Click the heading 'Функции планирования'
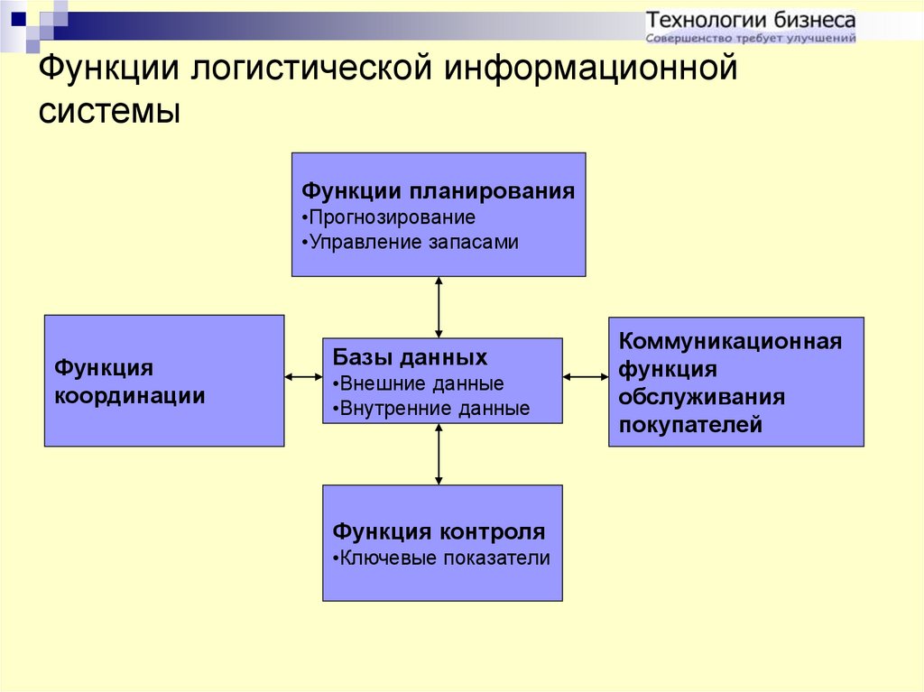coord(438,191)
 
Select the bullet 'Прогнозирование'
coord(388,217)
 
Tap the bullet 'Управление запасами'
coord(411,243)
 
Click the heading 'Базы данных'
coord(410,357)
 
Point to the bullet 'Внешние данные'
coord(419,383)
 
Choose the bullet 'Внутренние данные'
coord(431,409)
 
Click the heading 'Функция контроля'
coord(439,531)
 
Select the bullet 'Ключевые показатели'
coord(441,558)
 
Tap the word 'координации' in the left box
coord(130,395)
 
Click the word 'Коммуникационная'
coord(730,341)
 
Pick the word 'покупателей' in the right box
coord(690,424)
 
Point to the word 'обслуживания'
coord(702,397)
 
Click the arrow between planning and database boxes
coord(439,307)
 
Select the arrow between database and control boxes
coord(439,454)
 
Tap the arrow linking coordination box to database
coord(303,376)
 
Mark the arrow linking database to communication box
coord(586,376)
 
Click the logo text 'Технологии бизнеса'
coord(751,21)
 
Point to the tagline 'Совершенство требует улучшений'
coord(751,38)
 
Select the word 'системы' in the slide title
coord(109,110)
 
